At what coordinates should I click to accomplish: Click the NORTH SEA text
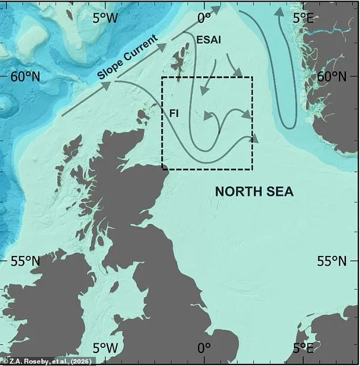254,192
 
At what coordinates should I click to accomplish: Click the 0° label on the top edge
203,18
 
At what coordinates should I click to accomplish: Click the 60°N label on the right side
332,77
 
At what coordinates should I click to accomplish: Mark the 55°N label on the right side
332,261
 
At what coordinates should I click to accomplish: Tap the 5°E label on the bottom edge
302,347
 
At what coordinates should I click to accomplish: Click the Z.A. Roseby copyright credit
48,360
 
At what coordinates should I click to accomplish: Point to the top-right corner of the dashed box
252,77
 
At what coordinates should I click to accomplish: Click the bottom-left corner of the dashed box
162,169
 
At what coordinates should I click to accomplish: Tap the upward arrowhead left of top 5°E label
279,12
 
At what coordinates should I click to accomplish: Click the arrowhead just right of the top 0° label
216,9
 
